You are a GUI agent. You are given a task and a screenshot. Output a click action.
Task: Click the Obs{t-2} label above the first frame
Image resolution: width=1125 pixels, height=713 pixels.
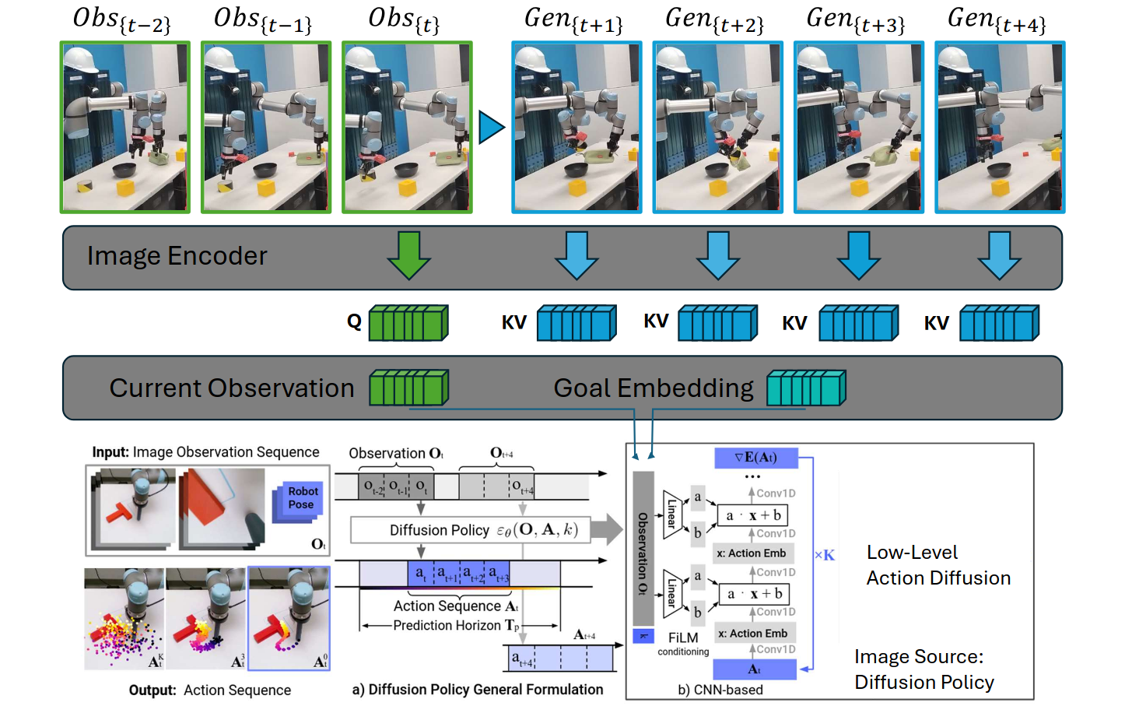point(121,20)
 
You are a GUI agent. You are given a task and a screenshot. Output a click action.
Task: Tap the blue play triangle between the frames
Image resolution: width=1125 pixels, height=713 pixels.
point(490,127)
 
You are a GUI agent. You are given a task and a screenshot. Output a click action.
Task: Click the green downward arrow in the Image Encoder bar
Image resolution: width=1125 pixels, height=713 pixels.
point(408,255)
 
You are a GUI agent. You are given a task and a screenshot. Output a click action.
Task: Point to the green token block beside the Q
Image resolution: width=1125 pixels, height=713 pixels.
point(408,323)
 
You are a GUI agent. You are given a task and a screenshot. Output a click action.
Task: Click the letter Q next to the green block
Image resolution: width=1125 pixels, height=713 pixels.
point(354,321)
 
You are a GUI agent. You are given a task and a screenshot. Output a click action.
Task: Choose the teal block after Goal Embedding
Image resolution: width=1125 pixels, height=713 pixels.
point(806,388)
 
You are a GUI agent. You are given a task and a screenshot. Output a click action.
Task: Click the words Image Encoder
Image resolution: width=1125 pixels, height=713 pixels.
point(177,256)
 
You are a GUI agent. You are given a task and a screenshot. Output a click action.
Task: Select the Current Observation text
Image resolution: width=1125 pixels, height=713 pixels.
point(231,388)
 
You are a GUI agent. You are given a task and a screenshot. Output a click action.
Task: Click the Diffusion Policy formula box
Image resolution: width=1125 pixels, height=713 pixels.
point(470,530)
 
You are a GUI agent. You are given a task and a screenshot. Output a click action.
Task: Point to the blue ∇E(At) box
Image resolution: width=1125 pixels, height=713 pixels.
point(755,458)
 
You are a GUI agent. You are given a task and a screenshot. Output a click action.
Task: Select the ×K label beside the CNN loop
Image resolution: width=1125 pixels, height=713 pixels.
point(824,555)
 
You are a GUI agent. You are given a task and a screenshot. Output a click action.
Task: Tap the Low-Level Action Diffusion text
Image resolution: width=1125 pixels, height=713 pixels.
point(937,565)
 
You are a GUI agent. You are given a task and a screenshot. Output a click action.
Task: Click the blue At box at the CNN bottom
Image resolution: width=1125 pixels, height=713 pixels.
point(754,669)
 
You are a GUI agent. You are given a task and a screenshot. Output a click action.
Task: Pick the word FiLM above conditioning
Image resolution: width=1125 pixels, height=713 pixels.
point(683,637)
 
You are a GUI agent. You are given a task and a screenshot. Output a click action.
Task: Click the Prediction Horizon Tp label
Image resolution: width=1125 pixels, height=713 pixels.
point(457,625)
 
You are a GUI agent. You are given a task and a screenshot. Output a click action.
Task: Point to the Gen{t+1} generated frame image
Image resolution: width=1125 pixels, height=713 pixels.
point(577,127)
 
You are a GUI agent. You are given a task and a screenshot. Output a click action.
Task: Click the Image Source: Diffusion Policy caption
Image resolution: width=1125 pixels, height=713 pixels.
point(923,669)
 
